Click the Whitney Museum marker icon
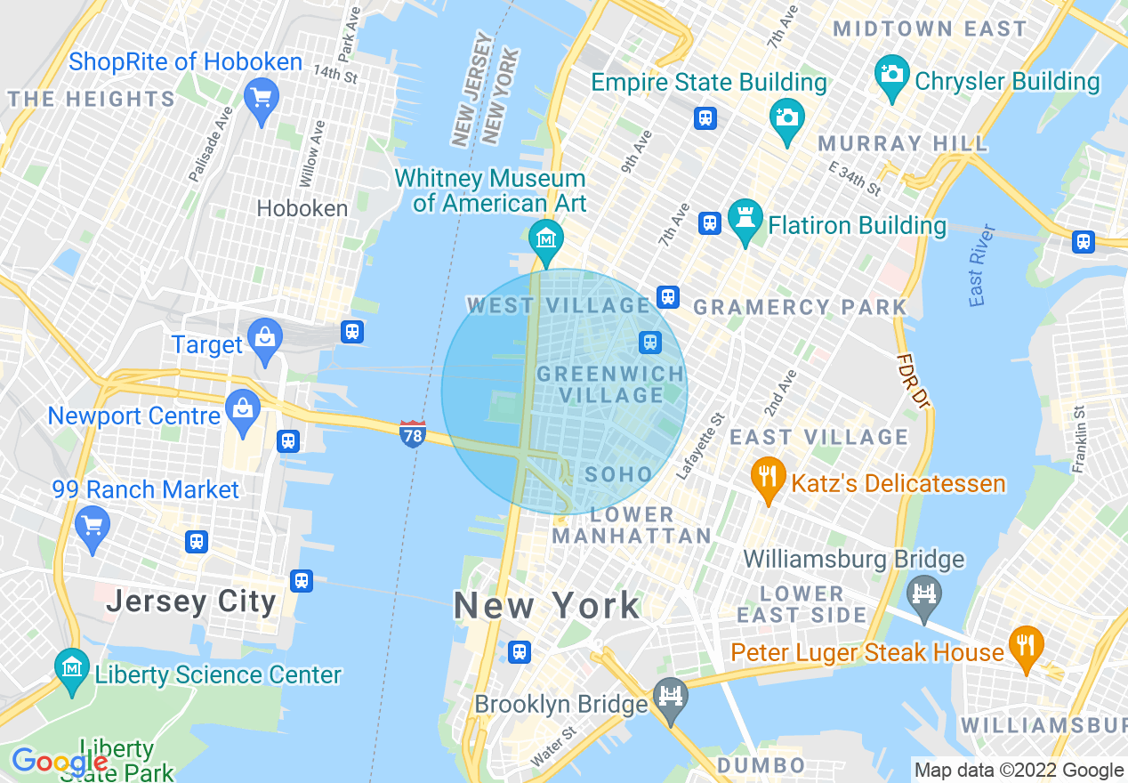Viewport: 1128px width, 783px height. pyautogui.click(x=546, y=238)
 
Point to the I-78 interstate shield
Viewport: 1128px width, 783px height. pyautogui.click(x=413, y=433)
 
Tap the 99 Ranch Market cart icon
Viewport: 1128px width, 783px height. pyautogui.click(x=93, y=526)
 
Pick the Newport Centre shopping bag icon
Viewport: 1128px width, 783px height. pyautogui.click(x=242, y=410)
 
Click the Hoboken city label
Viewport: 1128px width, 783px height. pyautogui.click(x=302, y=208)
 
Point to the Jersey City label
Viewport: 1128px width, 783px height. pyautogui.click(x=191, y=601)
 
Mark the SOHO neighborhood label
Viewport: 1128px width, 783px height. pyautogui.click(x=619, y=475)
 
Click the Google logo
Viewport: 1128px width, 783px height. pyautogui.click(x=60, y=762)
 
